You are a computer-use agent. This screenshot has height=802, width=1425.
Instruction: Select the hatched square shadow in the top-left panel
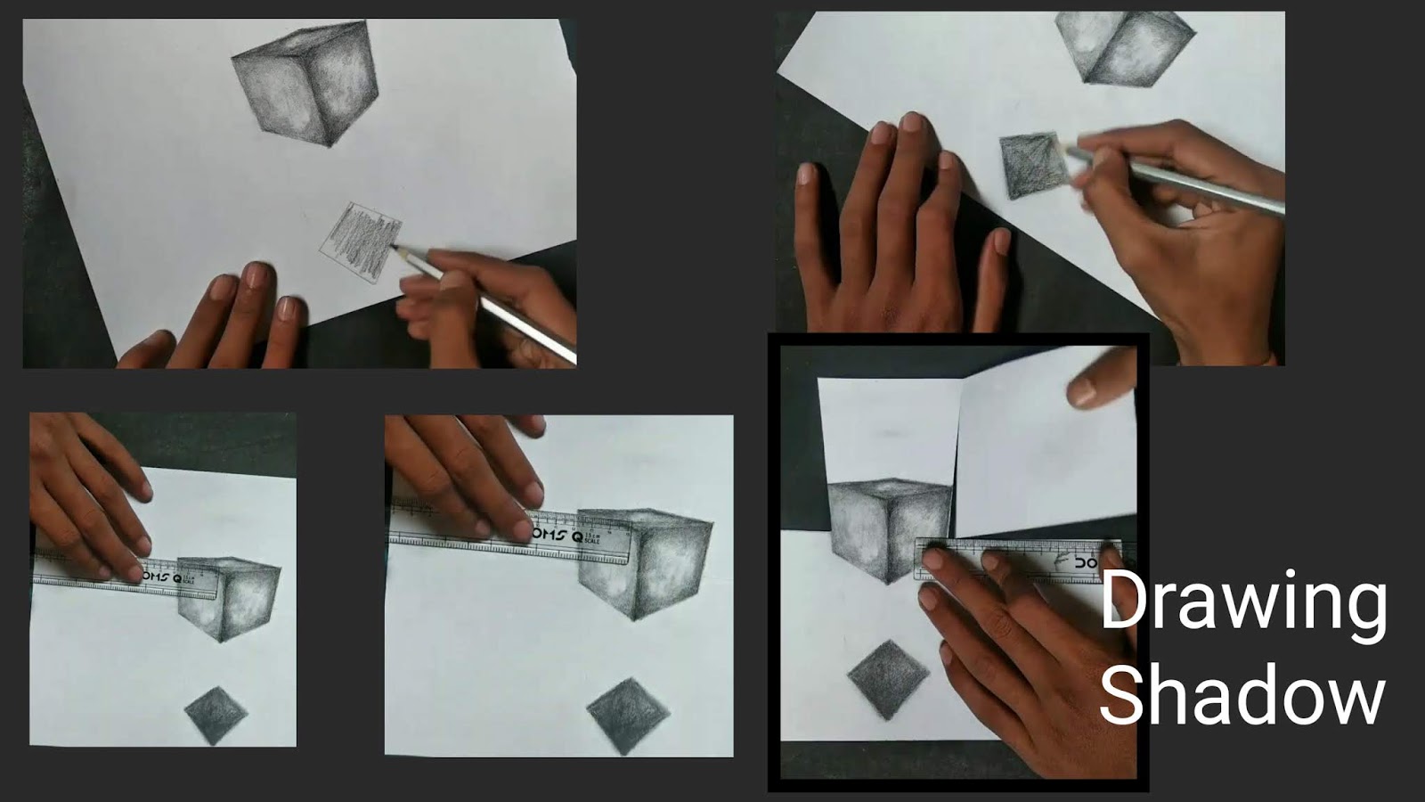(x=361, y=237)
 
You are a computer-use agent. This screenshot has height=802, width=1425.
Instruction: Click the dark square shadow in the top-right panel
(x=1033, y=166)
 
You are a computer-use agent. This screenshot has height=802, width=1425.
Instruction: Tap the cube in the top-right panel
(x=1124, y=46)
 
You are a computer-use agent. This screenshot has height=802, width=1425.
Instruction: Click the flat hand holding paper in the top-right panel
(x=882, y=232)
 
